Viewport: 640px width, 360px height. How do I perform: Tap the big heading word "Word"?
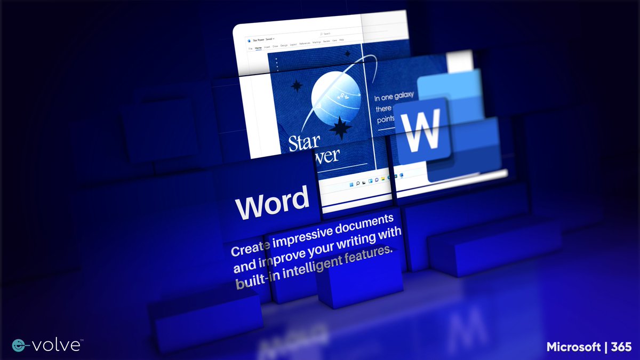273,202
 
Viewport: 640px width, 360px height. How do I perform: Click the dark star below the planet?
340,129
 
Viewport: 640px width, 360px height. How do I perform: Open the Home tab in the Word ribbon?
258,47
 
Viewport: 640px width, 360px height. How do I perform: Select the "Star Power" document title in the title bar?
258,39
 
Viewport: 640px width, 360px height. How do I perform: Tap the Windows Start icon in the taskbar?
350,185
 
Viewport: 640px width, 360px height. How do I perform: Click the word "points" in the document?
386,120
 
